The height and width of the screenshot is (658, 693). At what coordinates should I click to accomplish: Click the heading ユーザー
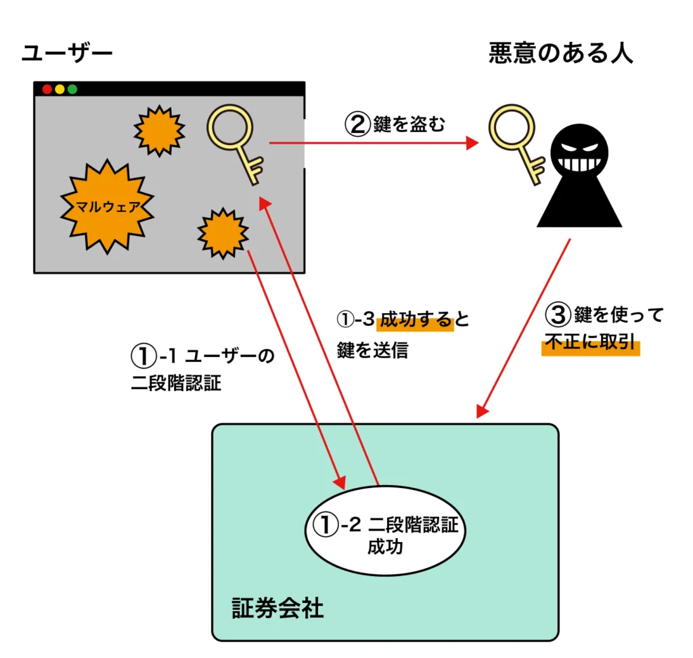pyautogui.click(x=67, y=54)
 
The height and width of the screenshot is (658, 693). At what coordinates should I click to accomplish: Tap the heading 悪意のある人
pyautogui.click(x=560, y=54)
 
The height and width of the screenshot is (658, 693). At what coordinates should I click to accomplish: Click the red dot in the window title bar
pyautogui.click(x=47, y=89)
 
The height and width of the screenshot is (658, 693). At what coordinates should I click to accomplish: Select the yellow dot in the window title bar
pyautogui.click(x=60, y=89)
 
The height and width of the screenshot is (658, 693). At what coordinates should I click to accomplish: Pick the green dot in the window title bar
pyautogui.click(x=72, y=89)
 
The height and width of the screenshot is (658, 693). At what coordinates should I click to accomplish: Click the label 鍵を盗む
pyautogui.click(x=409, y=125)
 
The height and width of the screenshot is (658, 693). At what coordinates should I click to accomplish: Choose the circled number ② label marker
pyautogui.click(x=357, y=125)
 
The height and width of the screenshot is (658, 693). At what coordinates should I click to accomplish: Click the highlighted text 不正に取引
pyautogui.click(x=591, y=344)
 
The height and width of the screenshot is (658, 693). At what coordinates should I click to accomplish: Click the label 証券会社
pyautogui.click(x=277, y=608)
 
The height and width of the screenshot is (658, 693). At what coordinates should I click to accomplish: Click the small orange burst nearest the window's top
pyautogui.click(x=159, y=130)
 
